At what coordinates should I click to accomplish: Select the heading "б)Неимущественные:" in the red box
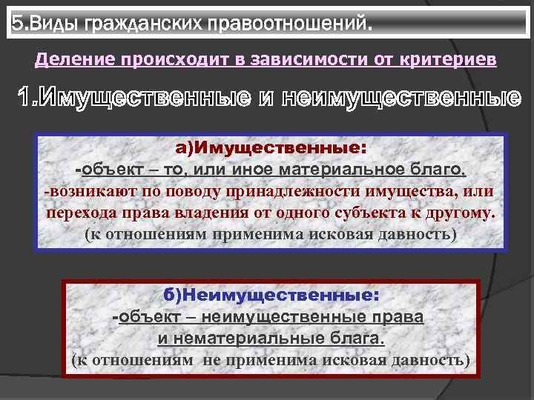point(271,295)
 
